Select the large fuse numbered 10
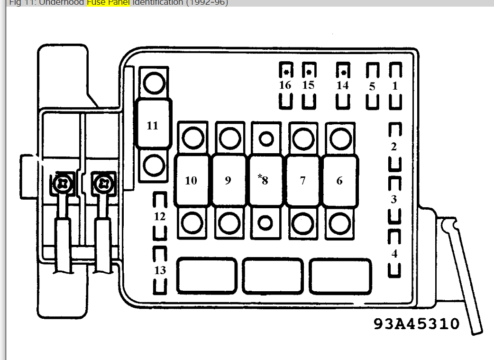pyautogui.click(x=191, y=181)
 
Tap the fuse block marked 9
pyautogui.click(x=228, y=181)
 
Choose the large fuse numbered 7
pyautogui.click(x=302, y=181)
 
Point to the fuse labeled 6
pyautogui.click(x=339, y=181)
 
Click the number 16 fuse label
pyautogui.click(x=285, y=85)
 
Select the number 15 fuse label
pyautogui.click(x=308, y=85)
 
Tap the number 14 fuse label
pyautogui.click(x=342, y=85)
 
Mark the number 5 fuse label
pyautogui.click(x=372, y=87)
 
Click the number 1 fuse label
pyautogui.click(x=395, y=86)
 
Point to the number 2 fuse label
pyautogui.click(x=394, y=147)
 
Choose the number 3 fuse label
pyautogui.click(x=394, y=200)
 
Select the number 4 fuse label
pyautogui.click(x=394, y=254)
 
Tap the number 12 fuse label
pyautogui.click(x=160, y=216)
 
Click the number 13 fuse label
pyautogui.click(x=160, y=270)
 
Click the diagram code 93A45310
pyautogui.click(x=416, y=324)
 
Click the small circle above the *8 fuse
pyautogui.click(x=266, y=138)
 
